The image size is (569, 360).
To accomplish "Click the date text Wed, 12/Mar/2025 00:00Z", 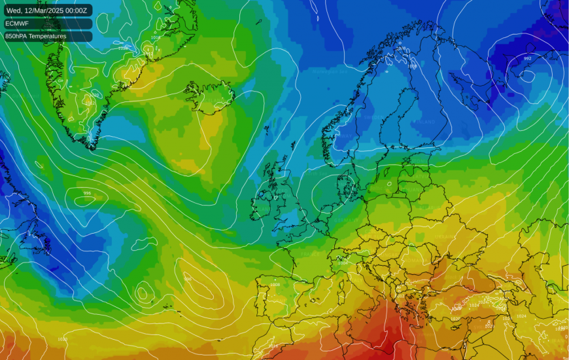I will [46, 10].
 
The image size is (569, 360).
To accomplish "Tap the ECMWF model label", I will [17, 24].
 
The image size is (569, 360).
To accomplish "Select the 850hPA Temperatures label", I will [36, 37].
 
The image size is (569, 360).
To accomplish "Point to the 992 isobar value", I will [527, 58].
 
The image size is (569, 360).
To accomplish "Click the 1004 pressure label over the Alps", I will [343, 263].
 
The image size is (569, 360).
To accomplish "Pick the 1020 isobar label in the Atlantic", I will [62, 339].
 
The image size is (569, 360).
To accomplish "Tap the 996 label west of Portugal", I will [188, 279].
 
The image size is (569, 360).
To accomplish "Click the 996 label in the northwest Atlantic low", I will [87, 193].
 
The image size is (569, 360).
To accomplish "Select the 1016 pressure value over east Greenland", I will [155, 37].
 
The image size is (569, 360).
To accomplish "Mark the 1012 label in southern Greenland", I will [90, 103].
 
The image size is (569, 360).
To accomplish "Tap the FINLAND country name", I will [426, 122].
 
